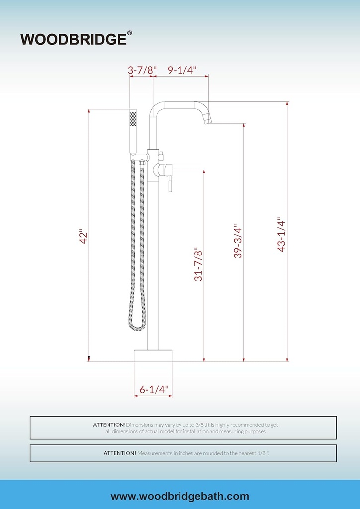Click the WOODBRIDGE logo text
pyautogui.click(x=74, y=39)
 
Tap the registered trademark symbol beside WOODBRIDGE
pyautogui.click(x=129, y=33)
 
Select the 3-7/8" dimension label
pyautogui.click(x=142, y=70)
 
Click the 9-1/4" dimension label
pyautogui.click(x=182, y=70)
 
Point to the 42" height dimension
pyautogui.click(x=83, y=237)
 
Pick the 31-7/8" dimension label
pyautogui.click(x=198, y=265)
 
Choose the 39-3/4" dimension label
pyautogui.click(x=238, y=241)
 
